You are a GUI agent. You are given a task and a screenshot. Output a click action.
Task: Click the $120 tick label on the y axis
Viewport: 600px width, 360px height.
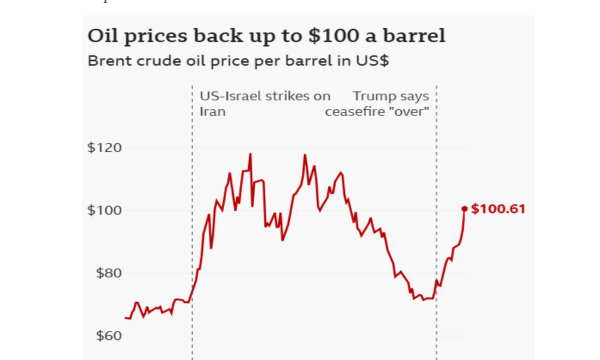pos(104,147)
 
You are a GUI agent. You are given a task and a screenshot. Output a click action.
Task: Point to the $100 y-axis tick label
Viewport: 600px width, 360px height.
pos(104,210)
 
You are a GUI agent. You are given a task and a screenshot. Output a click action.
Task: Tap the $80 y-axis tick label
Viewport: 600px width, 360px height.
pos(109,273)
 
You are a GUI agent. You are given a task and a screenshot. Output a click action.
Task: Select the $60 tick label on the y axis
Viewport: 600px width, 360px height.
pos(109,335)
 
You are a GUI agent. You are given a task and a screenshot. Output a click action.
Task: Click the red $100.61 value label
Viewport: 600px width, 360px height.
pos(498,209)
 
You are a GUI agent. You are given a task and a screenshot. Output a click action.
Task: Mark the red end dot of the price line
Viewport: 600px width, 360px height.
pos(464,209)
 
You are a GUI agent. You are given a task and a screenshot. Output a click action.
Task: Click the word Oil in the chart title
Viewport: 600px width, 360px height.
pos(102,35)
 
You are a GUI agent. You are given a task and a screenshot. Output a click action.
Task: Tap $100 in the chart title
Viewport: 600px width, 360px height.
pos(334,35)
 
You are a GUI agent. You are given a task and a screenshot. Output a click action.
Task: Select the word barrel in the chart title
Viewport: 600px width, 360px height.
pos(414,35)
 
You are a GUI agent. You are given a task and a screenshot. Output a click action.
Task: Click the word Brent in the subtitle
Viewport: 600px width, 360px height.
pos(110,61)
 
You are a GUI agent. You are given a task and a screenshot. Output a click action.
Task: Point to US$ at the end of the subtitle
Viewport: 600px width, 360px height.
pos(372,61)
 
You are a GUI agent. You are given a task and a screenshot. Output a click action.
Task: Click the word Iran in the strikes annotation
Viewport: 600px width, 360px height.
pos(212,111)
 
